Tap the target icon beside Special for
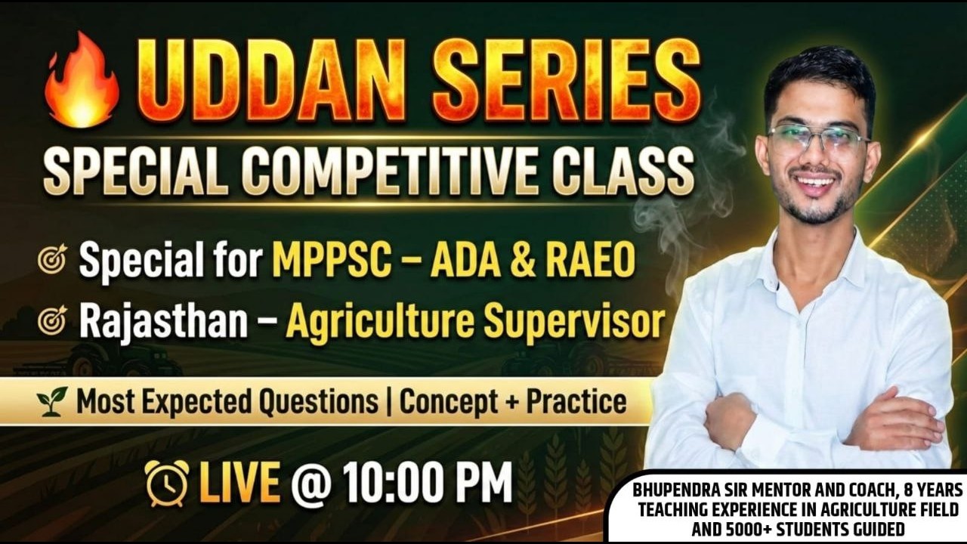click(x=52, y=260)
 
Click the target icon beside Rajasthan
click(x=52, y=321)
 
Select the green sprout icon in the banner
click(x=52, y=402)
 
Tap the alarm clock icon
click(x=166, y=482)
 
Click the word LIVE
click(x=240, y=481)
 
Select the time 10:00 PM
click(x=427, y=481)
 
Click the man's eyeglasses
click(x=818, y=138)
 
